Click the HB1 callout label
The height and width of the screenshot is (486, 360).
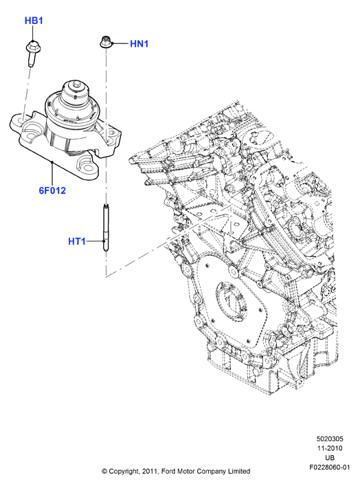(x=34, y=21)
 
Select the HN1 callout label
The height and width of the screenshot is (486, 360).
(x=139, y=44)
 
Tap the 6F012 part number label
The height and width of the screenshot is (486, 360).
(x=52, y=190)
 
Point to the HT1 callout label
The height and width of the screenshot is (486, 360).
(x=77, y=241)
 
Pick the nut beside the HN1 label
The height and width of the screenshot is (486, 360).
(x=105, y=42)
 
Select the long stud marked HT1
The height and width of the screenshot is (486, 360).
(x=105, y=228)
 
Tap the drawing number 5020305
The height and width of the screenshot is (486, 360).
(x=330, y=439)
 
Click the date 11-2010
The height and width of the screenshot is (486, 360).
(x=330, y=448)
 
